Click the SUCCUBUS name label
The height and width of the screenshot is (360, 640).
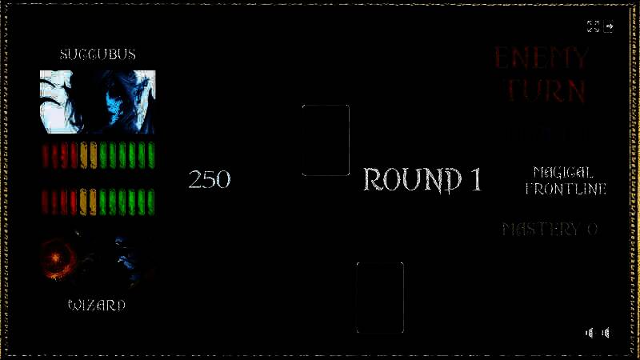click(x=98, y=54)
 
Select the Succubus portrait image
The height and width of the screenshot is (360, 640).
click(x=98, y=102)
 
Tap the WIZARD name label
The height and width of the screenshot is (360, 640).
click(x=97, y=305)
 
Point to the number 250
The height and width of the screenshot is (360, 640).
click(x=210, y=179)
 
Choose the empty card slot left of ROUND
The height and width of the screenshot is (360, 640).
click(x=326, y=140)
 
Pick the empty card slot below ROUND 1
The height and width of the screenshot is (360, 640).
click(x=380, y=297)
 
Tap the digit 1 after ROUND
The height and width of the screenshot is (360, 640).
click(x=474, y=180)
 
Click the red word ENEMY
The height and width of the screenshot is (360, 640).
click(x=542, y=58)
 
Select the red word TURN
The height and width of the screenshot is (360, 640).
click(x=547, y=90)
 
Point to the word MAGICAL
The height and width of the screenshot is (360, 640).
click(x=562, y=172)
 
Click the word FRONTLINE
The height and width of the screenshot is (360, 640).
click(x=566, y=189)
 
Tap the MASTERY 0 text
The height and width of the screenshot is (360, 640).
click(x=550, y=230)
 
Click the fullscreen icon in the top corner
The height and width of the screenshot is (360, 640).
click(x=593, y=26)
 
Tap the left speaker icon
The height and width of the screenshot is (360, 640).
click(x=590, y=333)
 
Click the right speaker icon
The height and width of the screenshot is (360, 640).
click(x=606, y=333)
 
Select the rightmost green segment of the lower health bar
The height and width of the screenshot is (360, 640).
click(x=150, y=200)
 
